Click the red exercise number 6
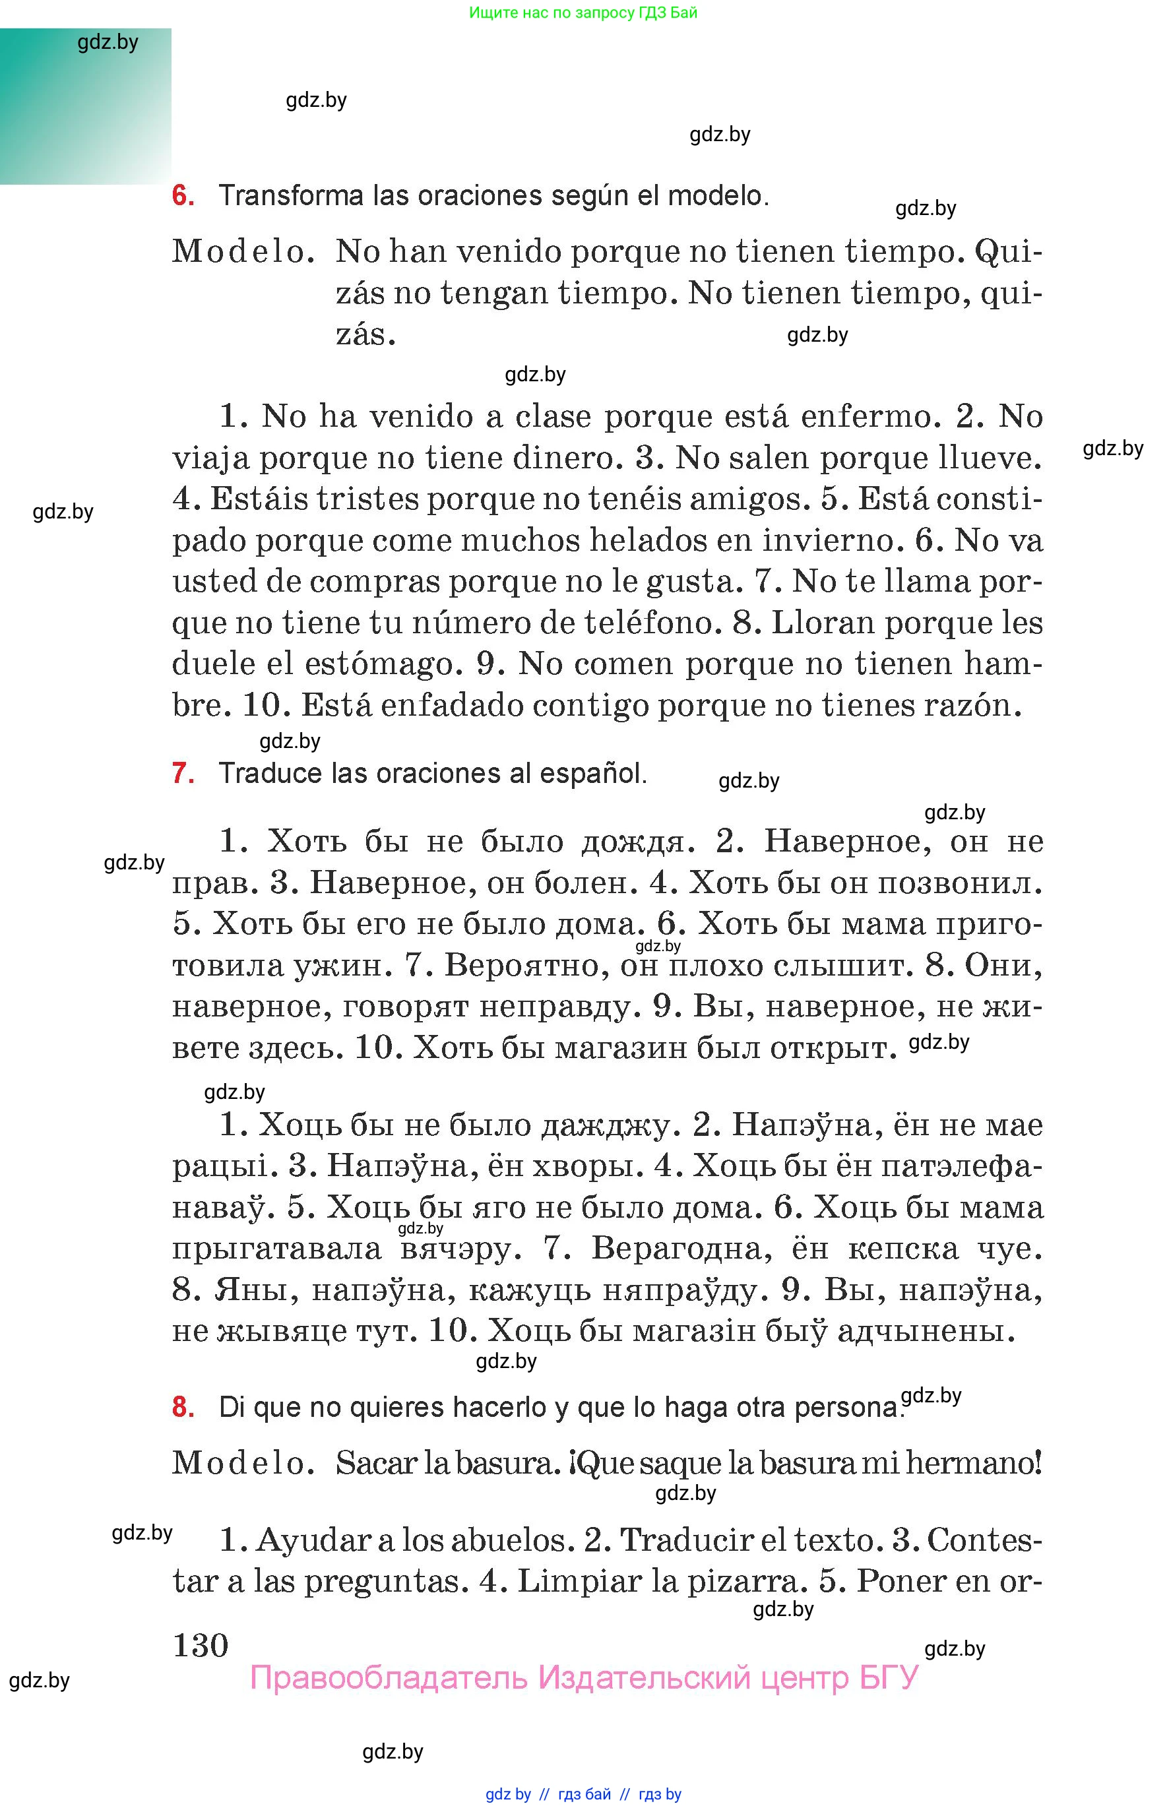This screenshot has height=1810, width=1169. click(x=183, y=196)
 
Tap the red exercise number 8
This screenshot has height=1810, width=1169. click(x=183, y=1407)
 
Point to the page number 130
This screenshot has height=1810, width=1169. click(x=201, y=1646)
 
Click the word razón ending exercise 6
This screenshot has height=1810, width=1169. click(x=972, y=706)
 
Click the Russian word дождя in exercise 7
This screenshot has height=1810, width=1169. click(x=634, y=842)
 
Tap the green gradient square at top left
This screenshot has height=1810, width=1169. click(x=85, y=106)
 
